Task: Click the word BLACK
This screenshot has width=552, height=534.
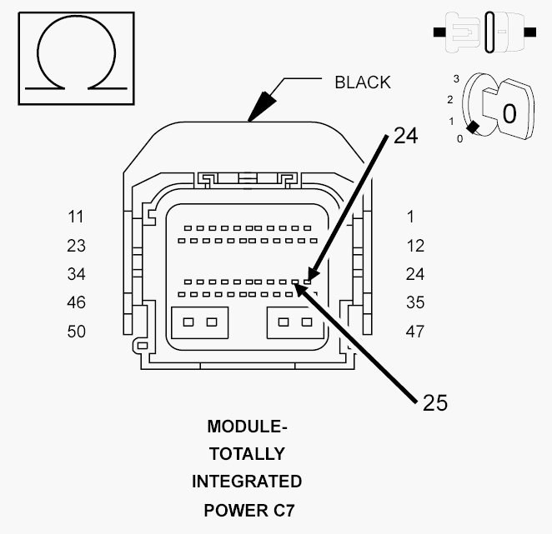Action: point(363,82)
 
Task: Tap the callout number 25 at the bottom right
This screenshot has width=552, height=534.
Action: point(435,402)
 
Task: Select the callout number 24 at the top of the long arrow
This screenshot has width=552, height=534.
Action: point(405,136)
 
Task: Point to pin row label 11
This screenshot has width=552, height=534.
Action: point(76,217)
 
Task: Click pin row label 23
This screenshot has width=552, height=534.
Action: point(76,246)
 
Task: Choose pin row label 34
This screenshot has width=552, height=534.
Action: point(76,274)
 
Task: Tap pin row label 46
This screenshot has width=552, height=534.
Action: point(76,302)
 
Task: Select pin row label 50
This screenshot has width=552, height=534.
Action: point(76,332)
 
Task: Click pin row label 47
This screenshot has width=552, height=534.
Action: point(415,332)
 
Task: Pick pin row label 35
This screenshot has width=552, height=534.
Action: point(415,302)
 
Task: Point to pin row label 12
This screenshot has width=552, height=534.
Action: point(415,246)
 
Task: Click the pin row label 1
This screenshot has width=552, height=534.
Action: point(410,217)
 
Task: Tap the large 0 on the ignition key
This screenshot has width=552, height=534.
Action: point(509,113)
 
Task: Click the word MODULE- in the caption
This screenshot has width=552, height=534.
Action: point(247,427)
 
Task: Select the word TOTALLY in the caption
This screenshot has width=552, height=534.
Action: point(247,454)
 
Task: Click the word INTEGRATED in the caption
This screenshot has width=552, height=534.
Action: point(247,482)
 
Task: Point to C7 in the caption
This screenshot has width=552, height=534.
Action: point(284,511)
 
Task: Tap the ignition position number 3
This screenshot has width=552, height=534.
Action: point(456,79)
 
